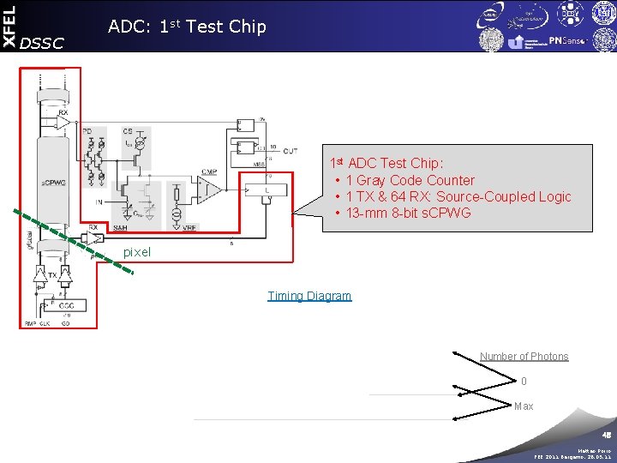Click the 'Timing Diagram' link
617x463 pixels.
(x=309, y=296)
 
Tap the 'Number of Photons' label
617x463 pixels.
(x=524, y=357)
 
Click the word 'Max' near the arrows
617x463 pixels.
(x=524, y=406)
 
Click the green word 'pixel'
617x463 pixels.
(x=137, y=252)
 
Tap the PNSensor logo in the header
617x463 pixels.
(x=566, y=40)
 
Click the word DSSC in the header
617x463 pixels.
(x=41, y=43)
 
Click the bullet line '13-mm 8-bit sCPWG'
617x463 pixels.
(x=408, y=213)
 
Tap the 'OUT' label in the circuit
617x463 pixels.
(x=289, y=151)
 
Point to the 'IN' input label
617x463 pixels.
(x=99, y=202)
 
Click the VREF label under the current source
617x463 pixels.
(x=190, y=228)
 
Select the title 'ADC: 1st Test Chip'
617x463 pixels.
(x=187, y=27)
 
